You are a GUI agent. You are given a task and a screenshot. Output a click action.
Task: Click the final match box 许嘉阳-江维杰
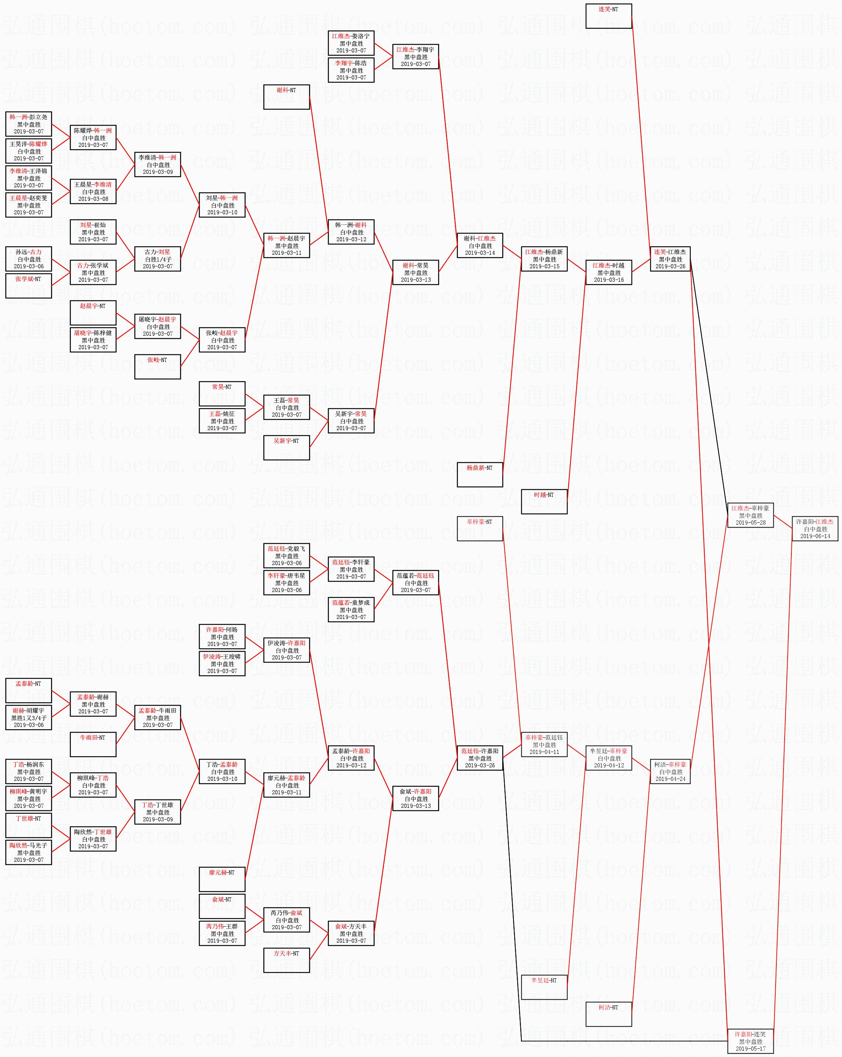(815, 528)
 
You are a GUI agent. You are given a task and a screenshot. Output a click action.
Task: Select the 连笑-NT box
(608, 16)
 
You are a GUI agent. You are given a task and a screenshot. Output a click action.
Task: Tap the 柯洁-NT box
(608, 1014)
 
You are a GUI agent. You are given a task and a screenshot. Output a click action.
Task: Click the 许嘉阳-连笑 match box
(750, 1041)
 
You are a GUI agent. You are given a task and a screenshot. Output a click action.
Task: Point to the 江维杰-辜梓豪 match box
(750, 515)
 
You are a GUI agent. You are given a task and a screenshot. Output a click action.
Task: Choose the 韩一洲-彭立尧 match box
(29, 124)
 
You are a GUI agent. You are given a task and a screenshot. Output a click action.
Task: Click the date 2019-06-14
(815, 536)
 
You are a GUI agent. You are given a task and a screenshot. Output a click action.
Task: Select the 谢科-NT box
(287, 97)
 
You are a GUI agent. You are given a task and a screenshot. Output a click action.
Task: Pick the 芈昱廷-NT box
(544, 987)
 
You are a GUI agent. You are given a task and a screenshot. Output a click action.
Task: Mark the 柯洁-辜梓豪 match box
(670, 771)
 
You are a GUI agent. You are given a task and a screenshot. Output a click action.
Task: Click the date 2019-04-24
(670, 779)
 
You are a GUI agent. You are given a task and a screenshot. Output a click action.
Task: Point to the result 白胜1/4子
(158, 259)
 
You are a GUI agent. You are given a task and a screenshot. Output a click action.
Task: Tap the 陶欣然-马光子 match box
(29, 852)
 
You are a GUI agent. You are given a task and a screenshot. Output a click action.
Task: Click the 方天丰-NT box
(287, 960)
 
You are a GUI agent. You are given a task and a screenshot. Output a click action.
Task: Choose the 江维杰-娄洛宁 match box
(351, 43)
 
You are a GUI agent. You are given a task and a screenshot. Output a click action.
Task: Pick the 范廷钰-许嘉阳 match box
(480, 758)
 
